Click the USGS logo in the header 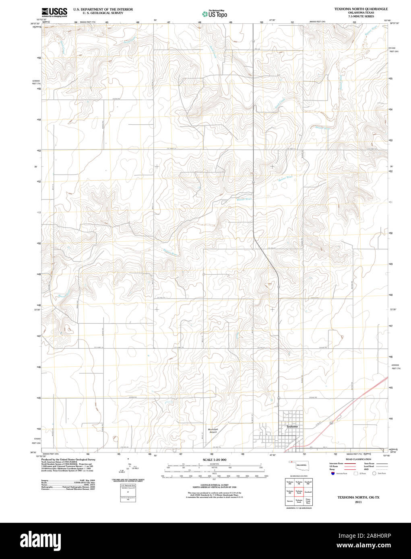tap(54, 12)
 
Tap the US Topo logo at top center tap(215, 14)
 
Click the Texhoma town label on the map tap(292, 426)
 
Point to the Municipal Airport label tap(213, 430)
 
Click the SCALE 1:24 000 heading tap(215, 460)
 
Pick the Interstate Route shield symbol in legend tap(333, 474)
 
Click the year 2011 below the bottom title tap(358, 502)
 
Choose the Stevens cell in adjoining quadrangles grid tap(290, 501)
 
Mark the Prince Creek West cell tap(308, 501)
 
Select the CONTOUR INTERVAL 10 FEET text tap(214, 486)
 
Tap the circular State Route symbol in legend tap(374, 474)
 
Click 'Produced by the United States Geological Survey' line tap(68, 459)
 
